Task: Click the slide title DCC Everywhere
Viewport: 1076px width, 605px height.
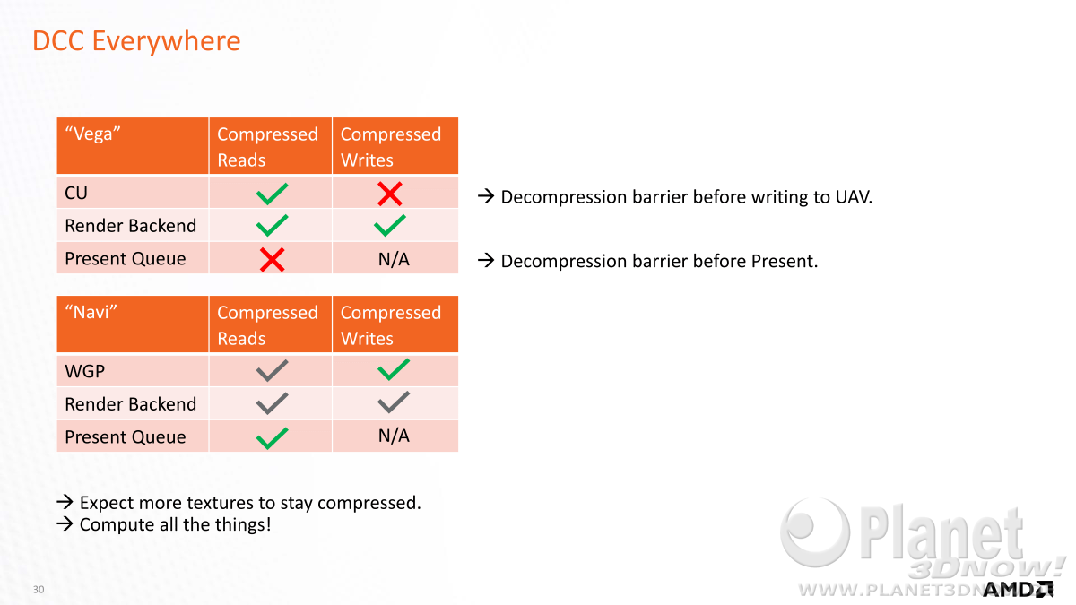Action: coord(136,41)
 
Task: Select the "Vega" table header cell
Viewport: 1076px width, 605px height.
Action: coord(133,145)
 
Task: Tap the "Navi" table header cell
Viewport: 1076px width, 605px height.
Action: coord(133,324)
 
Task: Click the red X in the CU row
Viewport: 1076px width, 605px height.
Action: coord(389,194)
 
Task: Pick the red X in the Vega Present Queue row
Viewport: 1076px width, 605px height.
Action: coord(272,260)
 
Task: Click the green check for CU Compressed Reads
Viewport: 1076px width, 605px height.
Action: coord(272,194)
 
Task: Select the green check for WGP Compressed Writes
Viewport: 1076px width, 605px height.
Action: coord(394,369)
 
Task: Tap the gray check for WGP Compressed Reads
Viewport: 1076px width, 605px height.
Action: coord(272,371)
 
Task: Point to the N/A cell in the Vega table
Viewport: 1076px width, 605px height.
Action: coord(394,259)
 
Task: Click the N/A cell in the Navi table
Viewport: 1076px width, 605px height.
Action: coord(394,436)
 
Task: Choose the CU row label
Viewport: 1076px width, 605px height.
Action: coord(76,193)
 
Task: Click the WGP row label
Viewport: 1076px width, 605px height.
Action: coord(84,371)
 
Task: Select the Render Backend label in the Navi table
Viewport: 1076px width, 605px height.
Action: coord(131,404)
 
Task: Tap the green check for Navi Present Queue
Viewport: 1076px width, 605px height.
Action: coord(272,438)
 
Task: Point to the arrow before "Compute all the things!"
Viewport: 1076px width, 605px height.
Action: coord(65,523)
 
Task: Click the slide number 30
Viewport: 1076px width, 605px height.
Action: coord(39,589)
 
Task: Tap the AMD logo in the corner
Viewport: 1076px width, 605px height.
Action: coord(1018,589)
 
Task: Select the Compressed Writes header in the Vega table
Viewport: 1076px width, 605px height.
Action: coord(391,147)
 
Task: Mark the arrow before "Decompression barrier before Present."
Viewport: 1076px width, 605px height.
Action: coord(486,260)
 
